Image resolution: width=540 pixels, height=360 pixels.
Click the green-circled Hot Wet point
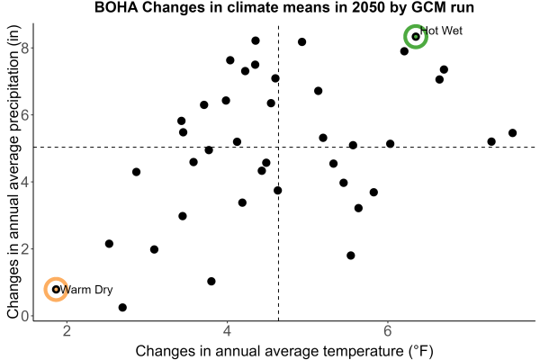(x=416, y=37)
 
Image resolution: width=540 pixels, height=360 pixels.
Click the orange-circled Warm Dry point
(x=56, y=290)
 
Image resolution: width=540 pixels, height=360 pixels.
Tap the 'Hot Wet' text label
(x=442, y=31)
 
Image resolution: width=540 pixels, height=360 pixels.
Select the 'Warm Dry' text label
(x=86, y=290)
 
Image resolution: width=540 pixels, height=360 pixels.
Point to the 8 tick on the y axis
(x=25, y=48)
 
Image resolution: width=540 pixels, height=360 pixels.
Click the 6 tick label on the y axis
(x=25, y=114)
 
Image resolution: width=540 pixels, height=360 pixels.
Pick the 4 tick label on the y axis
(x=25, y=182)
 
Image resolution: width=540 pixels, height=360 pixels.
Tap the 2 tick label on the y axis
(x=25, y=249)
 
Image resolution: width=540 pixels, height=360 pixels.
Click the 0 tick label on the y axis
(x=25, y=316)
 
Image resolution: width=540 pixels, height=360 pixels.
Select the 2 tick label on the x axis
(x=67, y=331)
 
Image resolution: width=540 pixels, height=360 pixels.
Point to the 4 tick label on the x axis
(x=227, y=331)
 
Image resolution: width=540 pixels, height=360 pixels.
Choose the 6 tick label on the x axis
(x=388, y=331)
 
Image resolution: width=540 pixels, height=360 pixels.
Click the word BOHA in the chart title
(x=116, y=7)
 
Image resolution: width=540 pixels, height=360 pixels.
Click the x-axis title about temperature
(x=284, y=351)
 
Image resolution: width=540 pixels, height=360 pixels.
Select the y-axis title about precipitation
(x=13, y=172)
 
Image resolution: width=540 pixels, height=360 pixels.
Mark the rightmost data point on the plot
(x=512, y=133)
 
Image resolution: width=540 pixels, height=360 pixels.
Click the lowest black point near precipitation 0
(x=122, y=307)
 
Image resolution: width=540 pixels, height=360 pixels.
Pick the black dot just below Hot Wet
(x=404, y=51)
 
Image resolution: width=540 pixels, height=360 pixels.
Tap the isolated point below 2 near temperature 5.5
(x=351, y=256)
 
